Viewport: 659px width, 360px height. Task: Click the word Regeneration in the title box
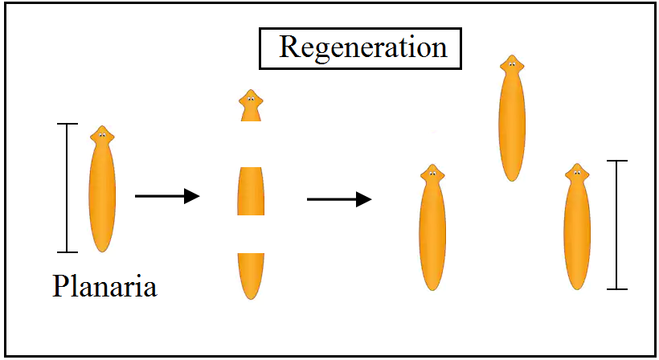(362, 47)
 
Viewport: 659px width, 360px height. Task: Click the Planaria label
(104, 286)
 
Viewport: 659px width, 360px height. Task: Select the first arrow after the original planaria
(166, 195)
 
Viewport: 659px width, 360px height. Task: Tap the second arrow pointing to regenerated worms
(338, 198)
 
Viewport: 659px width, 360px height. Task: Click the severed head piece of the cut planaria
(251, 105)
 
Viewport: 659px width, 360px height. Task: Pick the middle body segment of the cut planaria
(251, 191)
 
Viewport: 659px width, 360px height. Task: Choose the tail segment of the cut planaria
(251, 273)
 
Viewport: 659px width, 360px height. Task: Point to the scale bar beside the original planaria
(68, 188)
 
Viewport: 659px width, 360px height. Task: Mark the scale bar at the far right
(616, 224)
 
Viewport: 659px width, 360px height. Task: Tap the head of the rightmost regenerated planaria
(576, 173)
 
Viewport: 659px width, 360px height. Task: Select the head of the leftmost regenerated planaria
(432, 174)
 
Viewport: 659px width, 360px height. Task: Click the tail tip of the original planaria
(102, 250)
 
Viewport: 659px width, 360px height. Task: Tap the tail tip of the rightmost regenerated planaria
(576, 288)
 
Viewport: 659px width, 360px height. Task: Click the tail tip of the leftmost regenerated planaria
(432, 288)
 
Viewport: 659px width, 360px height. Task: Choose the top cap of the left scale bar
(68, 124)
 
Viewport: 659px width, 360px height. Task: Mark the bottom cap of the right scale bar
(616, 288)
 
